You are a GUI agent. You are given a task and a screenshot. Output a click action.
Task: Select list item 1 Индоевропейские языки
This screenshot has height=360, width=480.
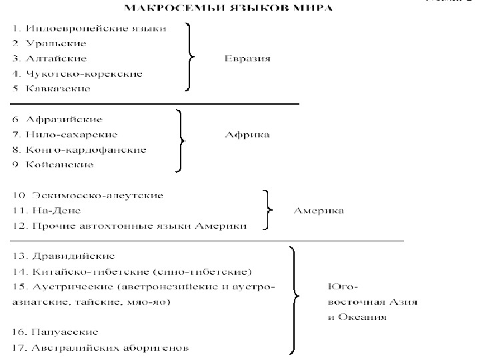point(89,29)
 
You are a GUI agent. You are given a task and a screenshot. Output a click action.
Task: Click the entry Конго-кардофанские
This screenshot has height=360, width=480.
point(79,149)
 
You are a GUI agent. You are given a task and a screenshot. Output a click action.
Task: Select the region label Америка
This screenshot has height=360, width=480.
point(319,211)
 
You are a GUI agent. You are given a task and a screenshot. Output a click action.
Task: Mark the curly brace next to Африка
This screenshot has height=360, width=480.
point(179,140)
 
